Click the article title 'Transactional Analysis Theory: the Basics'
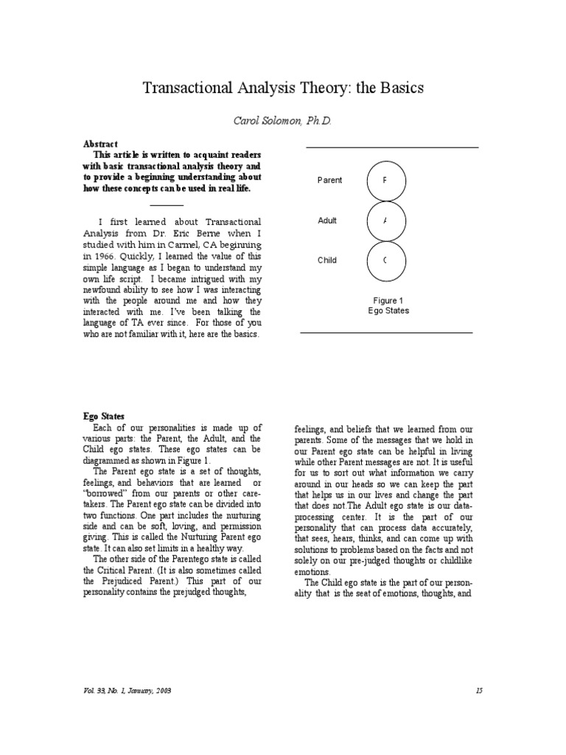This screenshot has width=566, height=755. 283,88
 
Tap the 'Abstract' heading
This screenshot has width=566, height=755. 100,144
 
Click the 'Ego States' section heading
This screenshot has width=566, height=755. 103,417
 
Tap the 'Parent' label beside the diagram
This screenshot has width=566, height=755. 329,181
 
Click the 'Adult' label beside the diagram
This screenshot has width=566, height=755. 327,220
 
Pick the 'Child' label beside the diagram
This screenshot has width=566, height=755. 327,260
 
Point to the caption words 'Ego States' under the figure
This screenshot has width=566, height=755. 388,311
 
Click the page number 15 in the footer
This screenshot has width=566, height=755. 478,690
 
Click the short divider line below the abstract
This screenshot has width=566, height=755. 167,205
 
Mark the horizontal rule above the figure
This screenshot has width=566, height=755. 391,147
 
